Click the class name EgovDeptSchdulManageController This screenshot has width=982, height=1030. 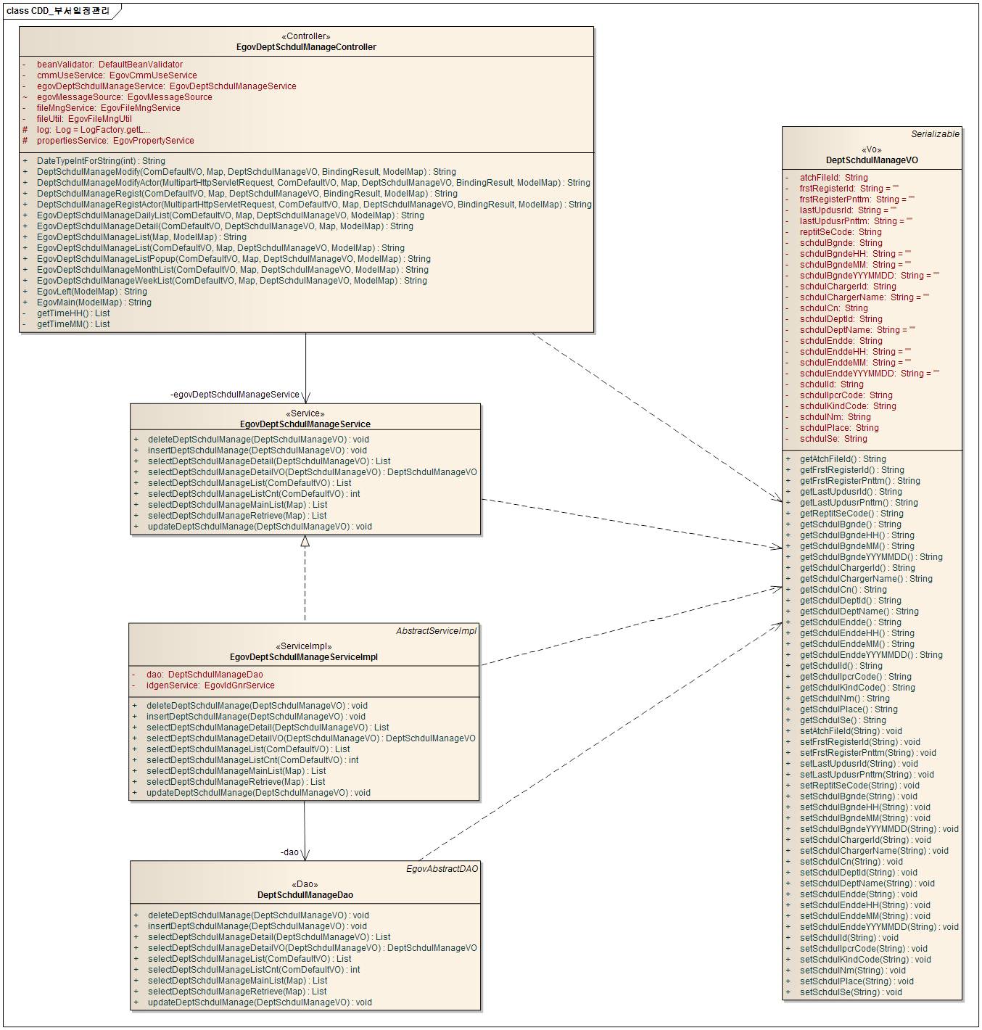tap(306, 47)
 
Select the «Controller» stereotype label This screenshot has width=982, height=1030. tap(306, 36)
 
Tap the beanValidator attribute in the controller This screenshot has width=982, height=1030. tap(110, 65)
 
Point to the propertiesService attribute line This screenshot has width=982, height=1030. tap(115, 141)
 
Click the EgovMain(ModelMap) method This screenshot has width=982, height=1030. tap(94, 302)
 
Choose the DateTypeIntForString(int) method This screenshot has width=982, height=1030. tap(101, 161)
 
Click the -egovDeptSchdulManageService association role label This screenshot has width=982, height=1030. tap(234, 395)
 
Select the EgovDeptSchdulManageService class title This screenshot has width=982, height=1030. tap(305, 424)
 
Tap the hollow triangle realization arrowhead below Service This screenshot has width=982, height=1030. tap(305, 541)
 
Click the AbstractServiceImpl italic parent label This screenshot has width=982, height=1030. tap(436, 631)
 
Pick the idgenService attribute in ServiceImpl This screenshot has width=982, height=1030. tap(210, 685)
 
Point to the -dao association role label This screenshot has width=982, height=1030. tap(289, 852)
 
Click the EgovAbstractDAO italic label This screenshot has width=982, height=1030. tap(442, 869)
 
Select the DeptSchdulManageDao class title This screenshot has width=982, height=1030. tap(305, 895)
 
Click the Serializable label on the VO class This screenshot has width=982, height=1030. tap(935, 134)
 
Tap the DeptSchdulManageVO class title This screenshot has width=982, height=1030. tap(872, 160)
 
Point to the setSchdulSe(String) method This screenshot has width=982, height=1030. tap(851, 992)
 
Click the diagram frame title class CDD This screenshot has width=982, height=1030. tap(58, 11)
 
